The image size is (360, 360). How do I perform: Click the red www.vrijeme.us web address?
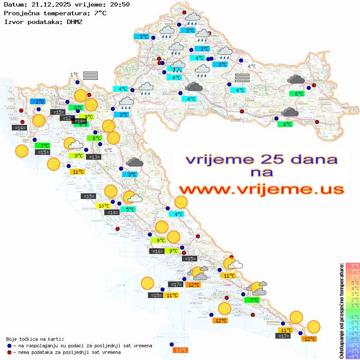pyautogui.click(x=261, y=190)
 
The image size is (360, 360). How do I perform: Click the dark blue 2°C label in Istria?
pyautogui.click(x=38, y=101)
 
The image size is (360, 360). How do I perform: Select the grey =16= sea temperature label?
pyautogui.click(x=157, y=251)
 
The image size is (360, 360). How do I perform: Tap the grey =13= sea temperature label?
pyautogui.click(x=93, y=157)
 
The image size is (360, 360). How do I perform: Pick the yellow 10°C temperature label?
pyautogui.click(x=103, y=206)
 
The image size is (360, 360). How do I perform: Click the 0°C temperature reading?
pyautogui.click(x=108, y=150)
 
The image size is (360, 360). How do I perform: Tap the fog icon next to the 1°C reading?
pyautogui.click(x=90, y=75)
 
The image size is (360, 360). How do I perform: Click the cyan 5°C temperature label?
pyautogui.click(x=130, y=209)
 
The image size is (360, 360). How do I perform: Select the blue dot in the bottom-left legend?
pyautogui.click(x=9, y=346)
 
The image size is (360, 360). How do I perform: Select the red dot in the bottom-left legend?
pyautogui.click(x=9, y=352)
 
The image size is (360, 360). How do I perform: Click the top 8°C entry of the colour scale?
pyautogui.click(x=353, y=265)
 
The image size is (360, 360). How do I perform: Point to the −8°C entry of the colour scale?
pyautogui.click(x=353, y=356)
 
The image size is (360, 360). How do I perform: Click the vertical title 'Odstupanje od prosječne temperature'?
pyautogui.click(x=341, y=311)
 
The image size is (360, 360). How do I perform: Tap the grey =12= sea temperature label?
pyautogui.click(x=67, y=118)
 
